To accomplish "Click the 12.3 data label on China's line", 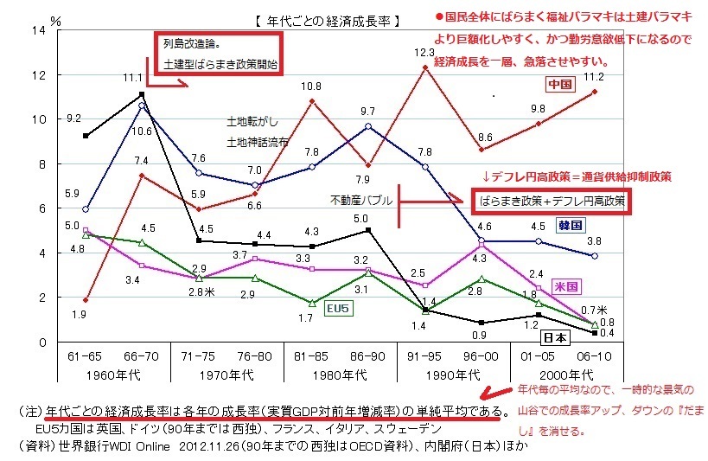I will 424,53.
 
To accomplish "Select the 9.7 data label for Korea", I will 367,111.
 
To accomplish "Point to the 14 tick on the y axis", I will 37,30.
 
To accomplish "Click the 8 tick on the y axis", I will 41,163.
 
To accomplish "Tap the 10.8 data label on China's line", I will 311,86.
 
